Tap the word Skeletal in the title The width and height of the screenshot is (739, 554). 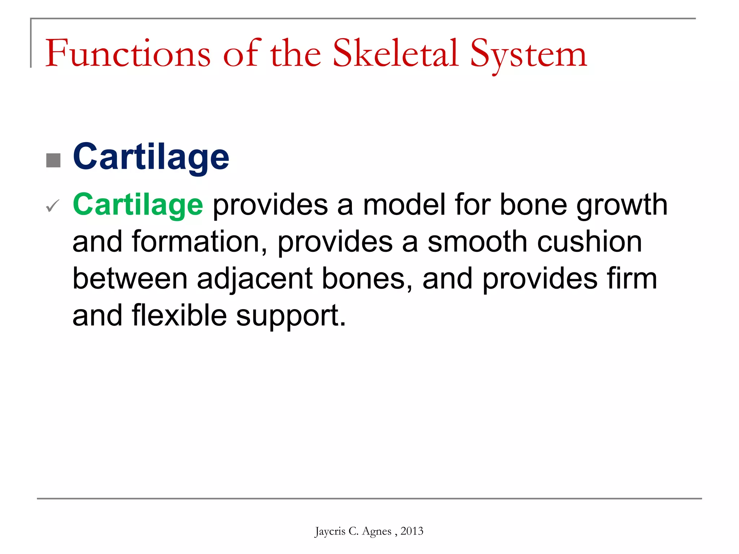click(395, 54)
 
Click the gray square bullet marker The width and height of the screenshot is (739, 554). click(53, 161)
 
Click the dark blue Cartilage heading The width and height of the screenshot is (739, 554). click(151, 157)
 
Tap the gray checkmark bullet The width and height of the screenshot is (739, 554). click(53, 206)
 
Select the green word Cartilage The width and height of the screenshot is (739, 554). click(138, 205)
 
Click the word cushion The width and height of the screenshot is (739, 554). click(589, 242)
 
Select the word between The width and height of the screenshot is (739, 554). click(130, 278)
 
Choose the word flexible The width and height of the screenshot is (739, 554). click(179, 315)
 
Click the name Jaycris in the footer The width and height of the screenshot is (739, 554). click(330, 531)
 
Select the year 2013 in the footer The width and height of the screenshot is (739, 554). click(412, 531)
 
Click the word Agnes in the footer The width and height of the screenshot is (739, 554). click(376, 532)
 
